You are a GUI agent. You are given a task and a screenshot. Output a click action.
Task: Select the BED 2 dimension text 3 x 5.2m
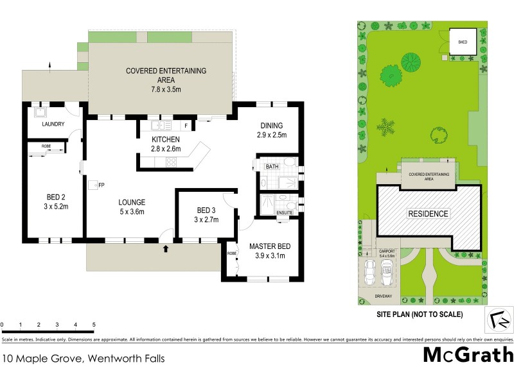(55, 206)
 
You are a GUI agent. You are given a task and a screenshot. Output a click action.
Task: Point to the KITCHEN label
(165, 139)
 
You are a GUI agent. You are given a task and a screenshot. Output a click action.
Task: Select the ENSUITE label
(284, 212)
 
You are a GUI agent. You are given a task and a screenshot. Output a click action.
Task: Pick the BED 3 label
(206, 210)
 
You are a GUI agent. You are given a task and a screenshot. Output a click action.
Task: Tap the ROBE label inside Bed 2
(46, 146)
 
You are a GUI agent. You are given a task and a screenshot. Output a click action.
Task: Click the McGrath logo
(468, 355)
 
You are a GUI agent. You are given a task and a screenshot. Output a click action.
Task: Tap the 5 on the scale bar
(94, 325)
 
